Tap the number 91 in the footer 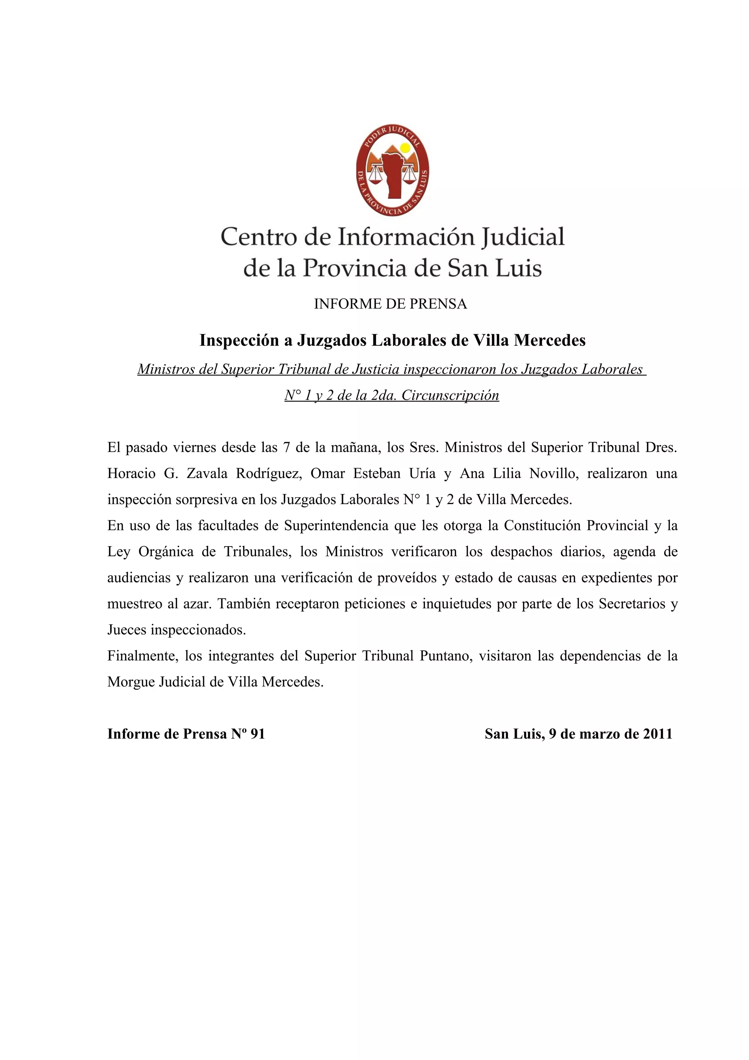257,734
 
